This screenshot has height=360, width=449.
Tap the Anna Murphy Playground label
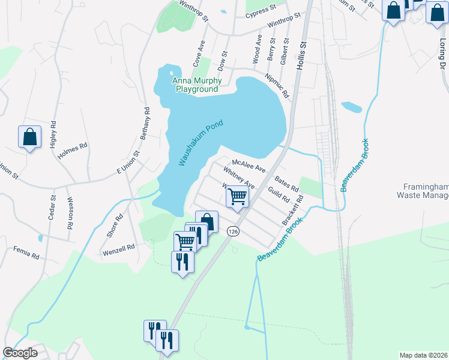(x=196, y=85)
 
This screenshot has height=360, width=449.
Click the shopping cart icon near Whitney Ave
(x=238, y=196)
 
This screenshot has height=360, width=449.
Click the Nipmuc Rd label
(x=277, y=86)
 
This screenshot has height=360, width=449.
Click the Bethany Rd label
(x=145, y=123)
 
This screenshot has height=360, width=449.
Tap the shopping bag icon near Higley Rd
(x=29, y=137)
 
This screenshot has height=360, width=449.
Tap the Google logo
(x=20, y=353)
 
